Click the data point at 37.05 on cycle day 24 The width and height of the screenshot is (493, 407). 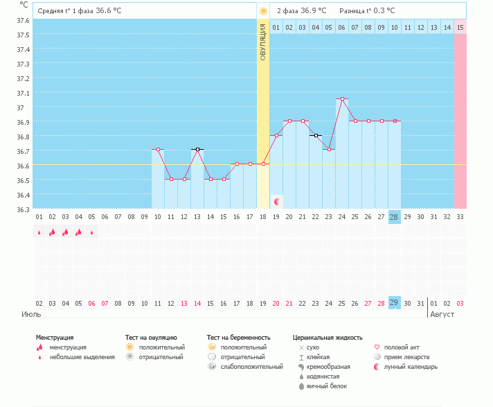(x=342, y=99)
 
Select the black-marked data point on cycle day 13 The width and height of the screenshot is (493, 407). (x=197, y=150)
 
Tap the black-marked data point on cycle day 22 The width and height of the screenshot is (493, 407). (x=316, y=136)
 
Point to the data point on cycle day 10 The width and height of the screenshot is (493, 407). (x=158, y=150)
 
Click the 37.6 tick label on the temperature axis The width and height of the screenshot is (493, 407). (x=23, y=21)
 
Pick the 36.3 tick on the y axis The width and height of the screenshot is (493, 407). (x=23, y=209)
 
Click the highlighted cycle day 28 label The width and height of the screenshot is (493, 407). (x=394, y=217)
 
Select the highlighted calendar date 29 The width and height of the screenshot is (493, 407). (x=394, y=303)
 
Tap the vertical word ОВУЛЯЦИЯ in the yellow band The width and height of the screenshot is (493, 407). (x=263, y=42)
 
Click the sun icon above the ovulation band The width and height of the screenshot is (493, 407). (x=263, y=11)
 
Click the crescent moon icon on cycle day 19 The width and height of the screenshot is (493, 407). (x=277, y=202)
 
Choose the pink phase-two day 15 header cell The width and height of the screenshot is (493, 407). (x=460, y=27)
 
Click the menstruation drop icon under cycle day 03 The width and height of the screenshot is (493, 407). (x=65, y=232)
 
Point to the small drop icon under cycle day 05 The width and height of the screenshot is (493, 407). (x=92, y=232)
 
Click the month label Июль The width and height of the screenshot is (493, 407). (x=31, y=314)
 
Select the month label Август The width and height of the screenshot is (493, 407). (x=442, y=314)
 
